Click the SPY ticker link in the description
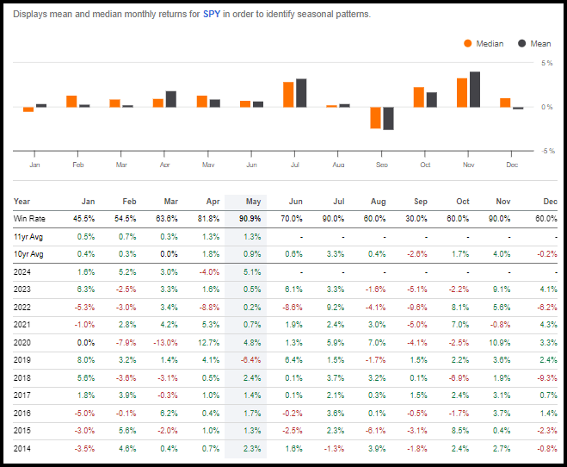[x=212, y=14]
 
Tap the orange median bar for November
[x=462, y=92]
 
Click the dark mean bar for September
[x=388, y=118]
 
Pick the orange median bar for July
[x=289, y=94]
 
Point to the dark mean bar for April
[x=170, y=98]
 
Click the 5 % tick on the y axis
[x=546, y=63]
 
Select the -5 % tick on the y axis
[x=546, y=151]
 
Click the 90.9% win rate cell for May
[x=251, y=219]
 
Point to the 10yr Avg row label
[x=28, y=254]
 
